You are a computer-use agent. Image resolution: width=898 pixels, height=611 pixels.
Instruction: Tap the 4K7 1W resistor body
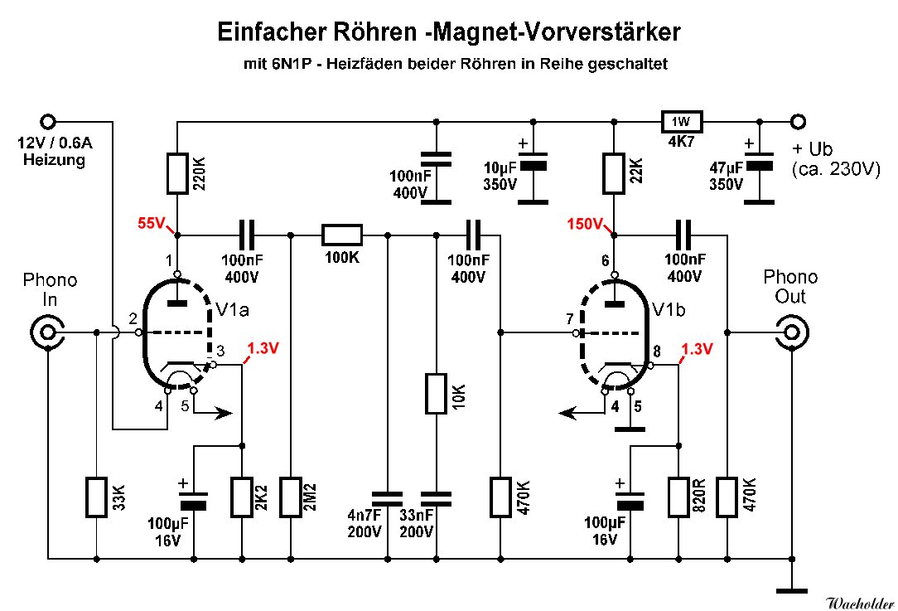pos(681,122)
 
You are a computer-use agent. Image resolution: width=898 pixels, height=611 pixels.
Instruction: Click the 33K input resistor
pos(97,497)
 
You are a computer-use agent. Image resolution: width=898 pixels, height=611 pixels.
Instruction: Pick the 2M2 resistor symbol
pos(291,497)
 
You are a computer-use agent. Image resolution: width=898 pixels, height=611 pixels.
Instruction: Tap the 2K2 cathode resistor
pos(242,497)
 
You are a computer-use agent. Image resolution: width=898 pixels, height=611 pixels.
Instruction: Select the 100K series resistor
pos(341,235)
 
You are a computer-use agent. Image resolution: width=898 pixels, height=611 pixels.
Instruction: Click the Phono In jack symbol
pos(46,333)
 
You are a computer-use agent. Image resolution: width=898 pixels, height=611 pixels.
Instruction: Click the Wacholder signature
pos(860,601)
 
